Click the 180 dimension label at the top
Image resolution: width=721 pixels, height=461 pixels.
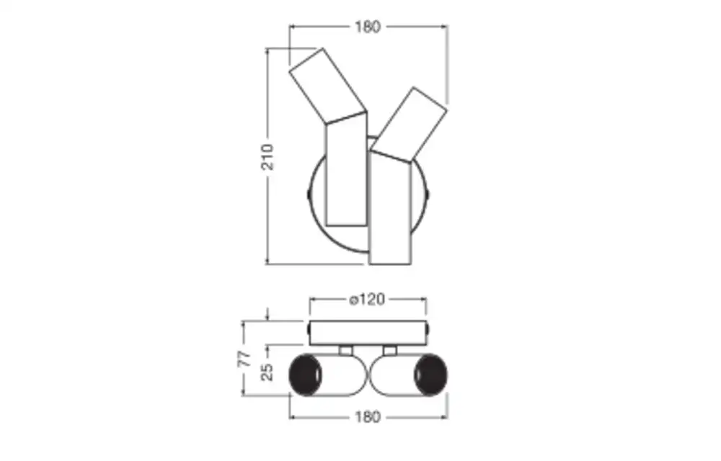(368, 27)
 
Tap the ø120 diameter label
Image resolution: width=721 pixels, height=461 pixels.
(367, 300)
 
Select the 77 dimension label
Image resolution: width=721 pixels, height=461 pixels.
(246, 359)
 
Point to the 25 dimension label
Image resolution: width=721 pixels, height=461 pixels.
(267, 372)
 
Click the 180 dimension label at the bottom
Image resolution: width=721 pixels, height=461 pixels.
(368, 417)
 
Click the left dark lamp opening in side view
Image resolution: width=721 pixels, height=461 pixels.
(305, 375)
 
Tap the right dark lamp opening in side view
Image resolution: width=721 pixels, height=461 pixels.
(431, 375)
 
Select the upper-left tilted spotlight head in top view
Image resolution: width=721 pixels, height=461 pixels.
(328, 86)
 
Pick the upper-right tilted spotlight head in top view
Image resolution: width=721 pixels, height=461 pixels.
(409, 125)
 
